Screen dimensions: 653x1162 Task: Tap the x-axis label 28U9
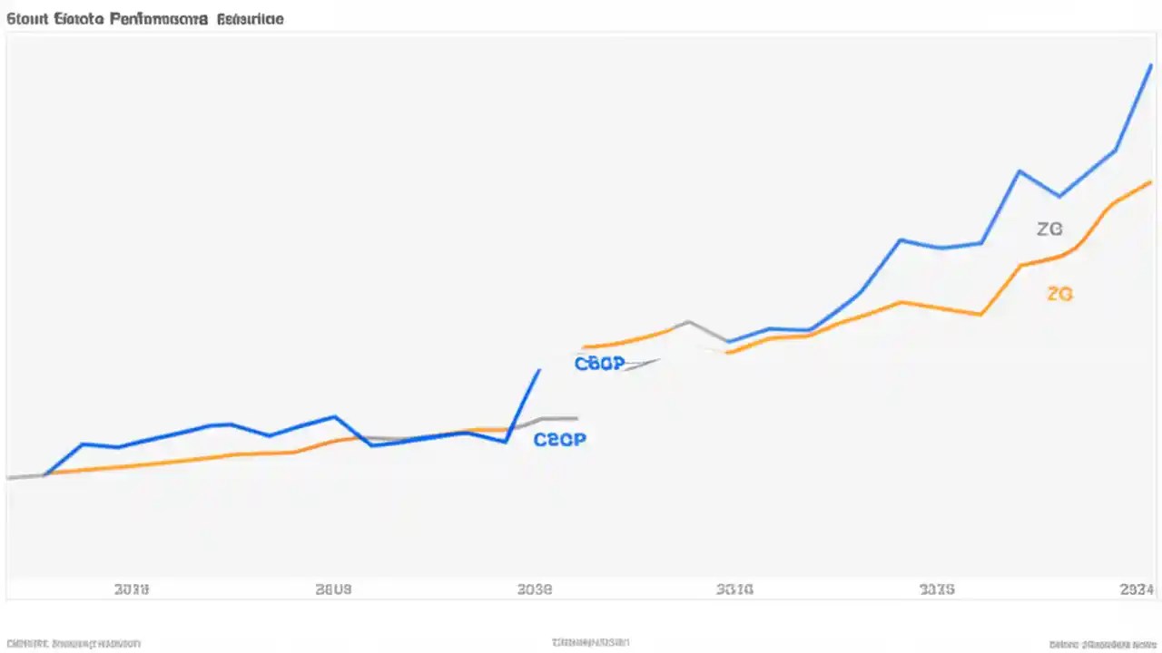333,590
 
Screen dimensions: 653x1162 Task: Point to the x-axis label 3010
735,590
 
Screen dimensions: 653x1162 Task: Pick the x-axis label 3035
937,590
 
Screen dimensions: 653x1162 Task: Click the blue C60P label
599,364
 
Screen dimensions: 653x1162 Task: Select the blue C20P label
559,440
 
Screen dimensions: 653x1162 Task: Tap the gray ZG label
1049,229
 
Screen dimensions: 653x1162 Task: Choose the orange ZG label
1059,294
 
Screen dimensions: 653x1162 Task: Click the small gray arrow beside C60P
642,365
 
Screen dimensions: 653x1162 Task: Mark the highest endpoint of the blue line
1152,66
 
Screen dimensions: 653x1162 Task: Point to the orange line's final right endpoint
1152,181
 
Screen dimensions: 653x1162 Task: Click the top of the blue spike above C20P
540,369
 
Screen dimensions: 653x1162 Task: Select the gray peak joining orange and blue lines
689,321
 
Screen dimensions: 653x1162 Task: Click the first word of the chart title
25,19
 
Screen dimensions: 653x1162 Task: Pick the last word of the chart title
249,19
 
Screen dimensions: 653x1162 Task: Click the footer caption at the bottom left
74,643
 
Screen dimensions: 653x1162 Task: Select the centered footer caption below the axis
590,643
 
